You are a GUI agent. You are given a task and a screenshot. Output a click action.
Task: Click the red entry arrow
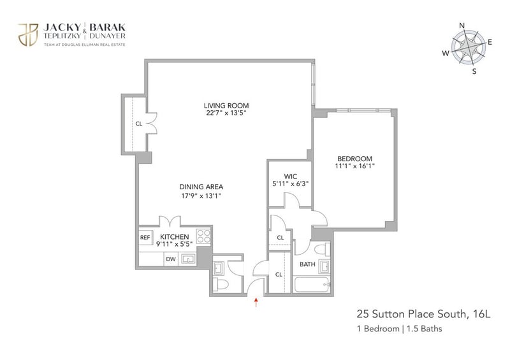(256, 302)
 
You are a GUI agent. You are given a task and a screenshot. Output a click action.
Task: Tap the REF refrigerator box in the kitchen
(145, 238)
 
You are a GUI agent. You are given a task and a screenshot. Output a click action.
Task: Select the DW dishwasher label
(171, 259)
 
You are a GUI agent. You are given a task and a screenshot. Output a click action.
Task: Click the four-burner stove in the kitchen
(203, 236)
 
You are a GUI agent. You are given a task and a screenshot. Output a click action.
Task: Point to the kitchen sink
(188, 259)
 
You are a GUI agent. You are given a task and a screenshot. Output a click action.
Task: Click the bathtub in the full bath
(312, 285)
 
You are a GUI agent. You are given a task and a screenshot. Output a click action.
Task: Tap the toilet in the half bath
(221, 285)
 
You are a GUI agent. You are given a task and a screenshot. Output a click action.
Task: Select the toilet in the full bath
(323, 249)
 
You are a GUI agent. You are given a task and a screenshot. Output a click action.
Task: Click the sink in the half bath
(218, 268)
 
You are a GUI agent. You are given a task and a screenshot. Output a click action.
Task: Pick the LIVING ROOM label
(226, 106)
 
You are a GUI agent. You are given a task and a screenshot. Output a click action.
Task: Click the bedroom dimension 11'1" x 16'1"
(355, 166)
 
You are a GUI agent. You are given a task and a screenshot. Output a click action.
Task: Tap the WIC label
(291, 176)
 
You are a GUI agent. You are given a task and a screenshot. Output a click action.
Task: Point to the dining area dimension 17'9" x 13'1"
(201, 196)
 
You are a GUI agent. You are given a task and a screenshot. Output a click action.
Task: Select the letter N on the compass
(462, 25)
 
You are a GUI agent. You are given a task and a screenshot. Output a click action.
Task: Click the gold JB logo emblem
(28, 34)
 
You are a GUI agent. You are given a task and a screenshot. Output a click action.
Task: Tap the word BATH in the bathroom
(307, 264)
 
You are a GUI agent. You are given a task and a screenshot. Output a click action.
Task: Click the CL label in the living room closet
(139, 124)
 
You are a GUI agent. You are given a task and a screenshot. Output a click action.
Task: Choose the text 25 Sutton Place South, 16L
(423, 314)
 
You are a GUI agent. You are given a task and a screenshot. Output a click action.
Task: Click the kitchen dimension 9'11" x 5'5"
(175, 244)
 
